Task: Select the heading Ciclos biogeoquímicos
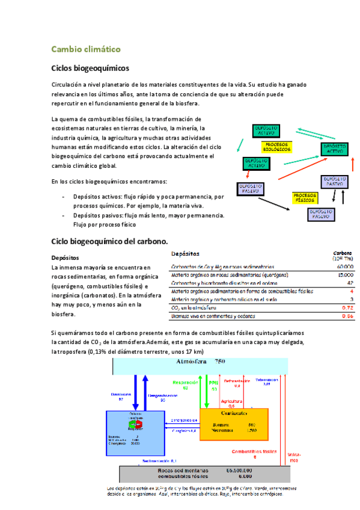90,69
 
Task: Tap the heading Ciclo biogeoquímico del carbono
109,241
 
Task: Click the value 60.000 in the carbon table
344,266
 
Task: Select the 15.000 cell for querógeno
344,275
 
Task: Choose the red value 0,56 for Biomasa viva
347,316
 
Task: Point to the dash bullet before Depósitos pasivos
64,215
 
